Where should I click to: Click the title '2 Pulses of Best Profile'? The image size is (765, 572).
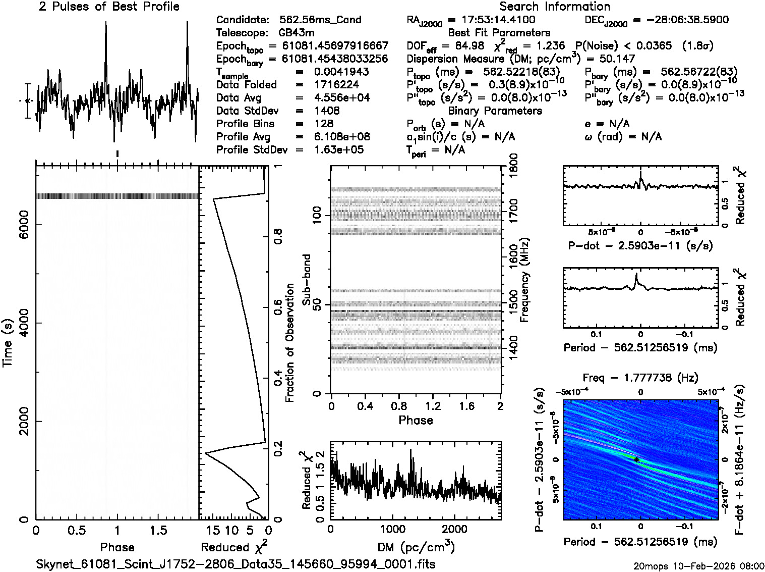[x=109, y=7]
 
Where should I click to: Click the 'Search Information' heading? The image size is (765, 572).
[x=554, y=7]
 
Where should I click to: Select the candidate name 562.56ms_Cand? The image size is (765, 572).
[x=320, y=20]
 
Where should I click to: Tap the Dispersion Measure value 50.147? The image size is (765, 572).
[x=617, y=59]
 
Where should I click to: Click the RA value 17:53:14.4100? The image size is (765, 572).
[x=491, y=20]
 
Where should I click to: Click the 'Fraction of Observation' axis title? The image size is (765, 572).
[x=289, y=343]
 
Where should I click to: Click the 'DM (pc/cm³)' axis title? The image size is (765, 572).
[x=416, y=547]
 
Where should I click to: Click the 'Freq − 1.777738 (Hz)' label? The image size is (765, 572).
[x=640, y=378]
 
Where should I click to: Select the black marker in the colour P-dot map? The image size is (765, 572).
[x=636, y=460]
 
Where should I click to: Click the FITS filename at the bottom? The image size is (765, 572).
[x=236, y=564]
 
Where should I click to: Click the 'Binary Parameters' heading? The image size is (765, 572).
[x=495, y=111]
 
